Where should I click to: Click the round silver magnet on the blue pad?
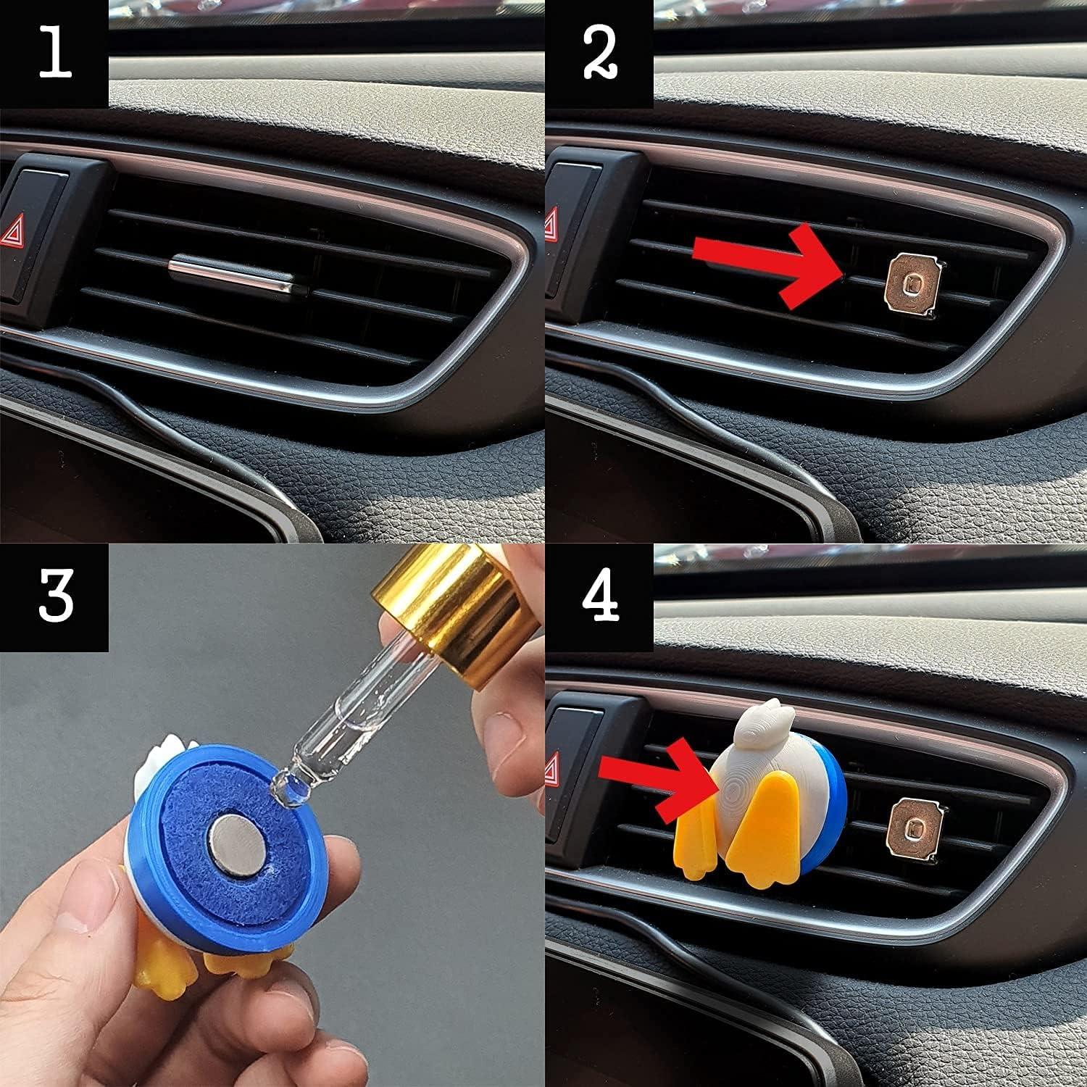pos(233,833)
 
